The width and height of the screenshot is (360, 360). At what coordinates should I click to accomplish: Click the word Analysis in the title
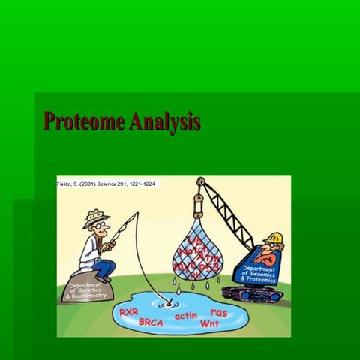click(x=164, y=121)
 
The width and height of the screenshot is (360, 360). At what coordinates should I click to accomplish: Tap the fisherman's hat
click(x=96, y=218)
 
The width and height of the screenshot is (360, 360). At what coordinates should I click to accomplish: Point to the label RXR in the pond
click(x=129, y=310)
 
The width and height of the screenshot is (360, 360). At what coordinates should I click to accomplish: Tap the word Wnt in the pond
click(x=210, y=323)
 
